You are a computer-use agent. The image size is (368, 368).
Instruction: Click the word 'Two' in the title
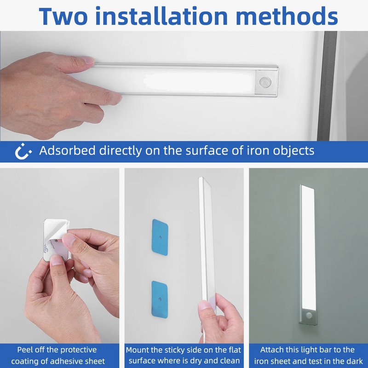coord(63,16)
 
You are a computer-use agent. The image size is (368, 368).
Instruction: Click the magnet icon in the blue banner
coord(23,151)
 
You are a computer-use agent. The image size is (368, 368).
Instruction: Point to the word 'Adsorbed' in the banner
coord(67,150)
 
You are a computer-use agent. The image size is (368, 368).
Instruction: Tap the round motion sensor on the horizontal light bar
coord(265,82)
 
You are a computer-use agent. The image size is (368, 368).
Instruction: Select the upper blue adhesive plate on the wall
coord(160,237)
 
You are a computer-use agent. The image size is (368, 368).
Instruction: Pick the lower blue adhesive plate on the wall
coord(160,299)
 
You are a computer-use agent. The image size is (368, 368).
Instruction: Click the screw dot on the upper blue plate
coord(160,237)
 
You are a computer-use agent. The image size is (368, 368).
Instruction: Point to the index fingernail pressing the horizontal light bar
coord(88,60)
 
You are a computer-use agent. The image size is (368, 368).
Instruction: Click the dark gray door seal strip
coord(327,86)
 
